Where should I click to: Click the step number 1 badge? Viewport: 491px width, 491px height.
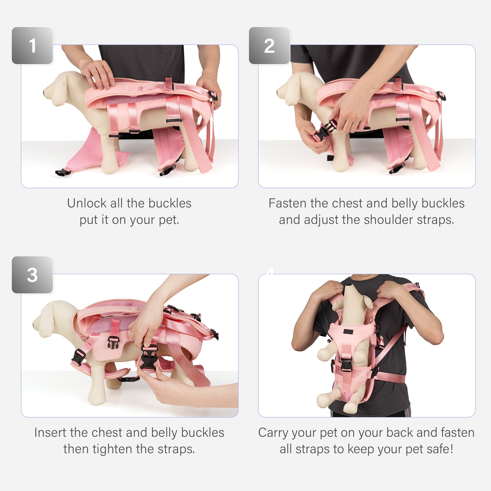pos(32,46)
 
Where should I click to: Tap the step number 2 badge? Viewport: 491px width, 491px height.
pos(269,46)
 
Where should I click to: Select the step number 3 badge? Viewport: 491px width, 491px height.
pos(32,275)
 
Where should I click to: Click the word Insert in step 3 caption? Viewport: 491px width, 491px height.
pos(50,433)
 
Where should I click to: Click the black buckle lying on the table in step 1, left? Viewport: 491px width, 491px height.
pos(63,172)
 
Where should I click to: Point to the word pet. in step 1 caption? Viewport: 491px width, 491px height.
pos(169,220)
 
